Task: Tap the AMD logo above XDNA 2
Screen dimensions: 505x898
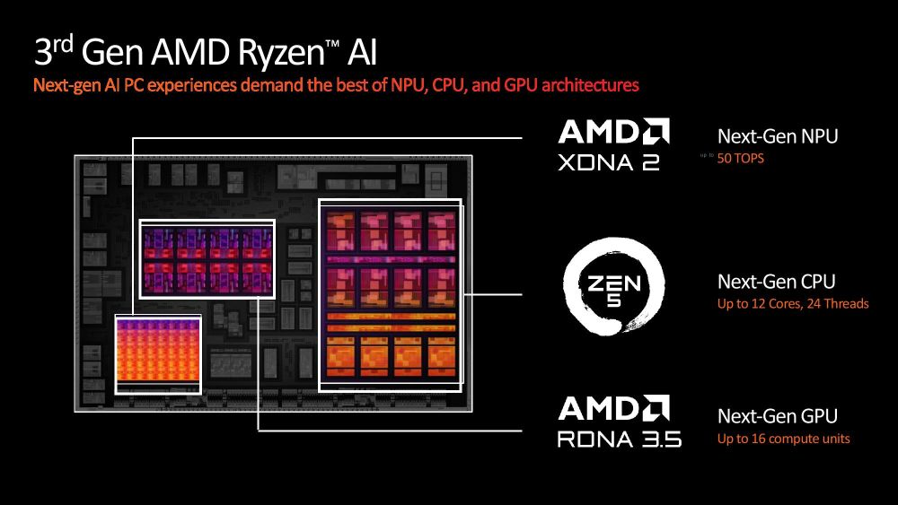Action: tap(613, 133)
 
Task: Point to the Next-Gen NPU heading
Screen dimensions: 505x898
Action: tap(778, 136)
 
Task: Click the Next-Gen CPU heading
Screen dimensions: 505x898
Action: tap(777, 282)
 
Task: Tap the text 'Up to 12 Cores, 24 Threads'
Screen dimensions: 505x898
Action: tap(793, 304)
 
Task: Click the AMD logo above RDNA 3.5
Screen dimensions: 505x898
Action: tap(613, 409)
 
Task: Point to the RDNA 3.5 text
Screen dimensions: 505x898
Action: tap(620, 439)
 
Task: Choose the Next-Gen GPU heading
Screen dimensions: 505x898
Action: tap(778, 416)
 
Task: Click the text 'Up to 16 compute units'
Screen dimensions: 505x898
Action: tap(783, 439)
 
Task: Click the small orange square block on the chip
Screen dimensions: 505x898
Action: tap(158, 353)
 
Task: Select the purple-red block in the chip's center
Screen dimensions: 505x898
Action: tap(207, 258)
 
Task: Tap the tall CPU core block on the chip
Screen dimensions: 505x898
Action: tap(390, 294)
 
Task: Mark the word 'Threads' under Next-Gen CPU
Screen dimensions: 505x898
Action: tap(847, 304)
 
